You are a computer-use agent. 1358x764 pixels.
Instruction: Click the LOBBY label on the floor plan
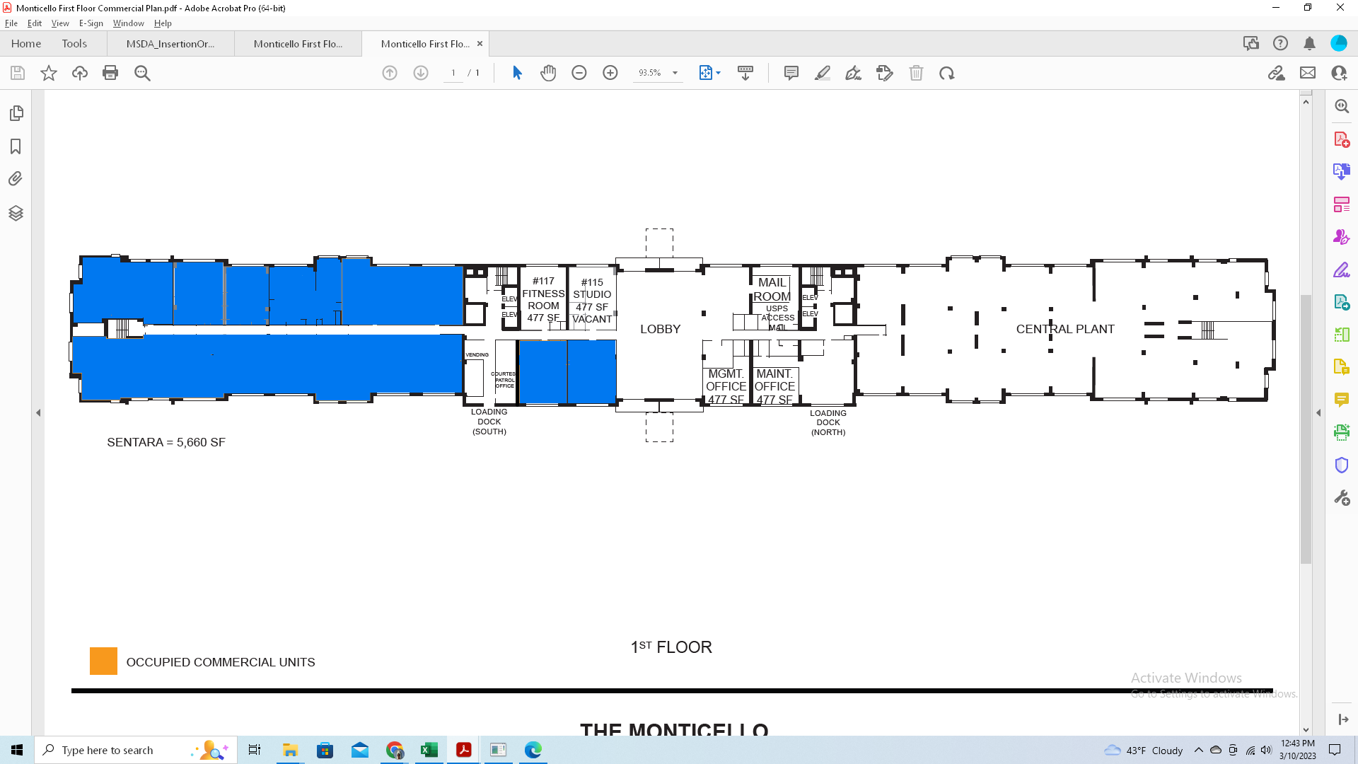click(660, 329)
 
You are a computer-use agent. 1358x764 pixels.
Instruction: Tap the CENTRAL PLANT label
click(1064, 329)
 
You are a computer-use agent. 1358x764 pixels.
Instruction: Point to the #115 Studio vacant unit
click(592, 301)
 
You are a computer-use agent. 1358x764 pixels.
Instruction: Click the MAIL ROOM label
click(772, 289)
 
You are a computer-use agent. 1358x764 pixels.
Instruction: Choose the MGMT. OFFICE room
click(726, 386)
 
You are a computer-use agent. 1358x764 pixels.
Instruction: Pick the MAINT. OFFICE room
click(774, 386)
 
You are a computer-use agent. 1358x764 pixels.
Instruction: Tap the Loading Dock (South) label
click(489, 422)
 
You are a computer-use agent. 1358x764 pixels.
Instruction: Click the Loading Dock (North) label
click(828, 422)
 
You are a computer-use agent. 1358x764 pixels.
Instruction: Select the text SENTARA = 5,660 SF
click(166, 442)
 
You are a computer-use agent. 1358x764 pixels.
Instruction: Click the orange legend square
click(103, 661)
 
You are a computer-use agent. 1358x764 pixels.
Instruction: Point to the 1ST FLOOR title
click(671, 647)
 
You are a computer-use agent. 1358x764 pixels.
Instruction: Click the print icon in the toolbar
click(110, 73)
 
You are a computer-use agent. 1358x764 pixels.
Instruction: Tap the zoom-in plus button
click(610, 73)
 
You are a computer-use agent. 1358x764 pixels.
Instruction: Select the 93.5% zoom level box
click(650, 73)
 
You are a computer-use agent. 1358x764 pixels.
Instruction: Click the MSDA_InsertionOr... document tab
click(170, 44)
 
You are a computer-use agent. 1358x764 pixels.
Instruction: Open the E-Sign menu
click(91, 23)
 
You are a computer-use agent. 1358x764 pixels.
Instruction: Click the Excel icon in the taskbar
click(429, 750)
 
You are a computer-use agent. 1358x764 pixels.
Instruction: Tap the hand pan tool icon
click(548, 73)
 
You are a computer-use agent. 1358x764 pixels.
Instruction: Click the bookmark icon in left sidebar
click(16, 146)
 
